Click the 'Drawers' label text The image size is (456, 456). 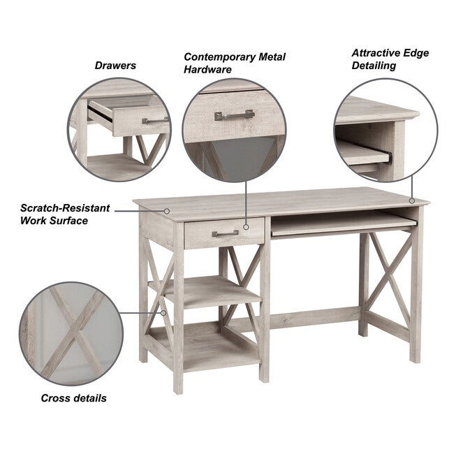115,66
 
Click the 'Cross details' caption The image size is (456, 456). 73,398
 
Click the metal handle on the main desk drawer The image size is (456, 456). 225,233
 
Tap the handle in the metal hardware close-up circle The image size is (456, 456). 234,115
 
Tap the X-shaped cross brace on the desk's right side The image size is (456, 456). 390,279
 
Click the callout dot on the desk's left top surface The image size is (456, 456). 168,210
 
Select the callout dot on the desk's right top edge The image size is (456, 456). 412,201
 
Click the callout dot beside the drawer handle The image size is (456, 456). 247,226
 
